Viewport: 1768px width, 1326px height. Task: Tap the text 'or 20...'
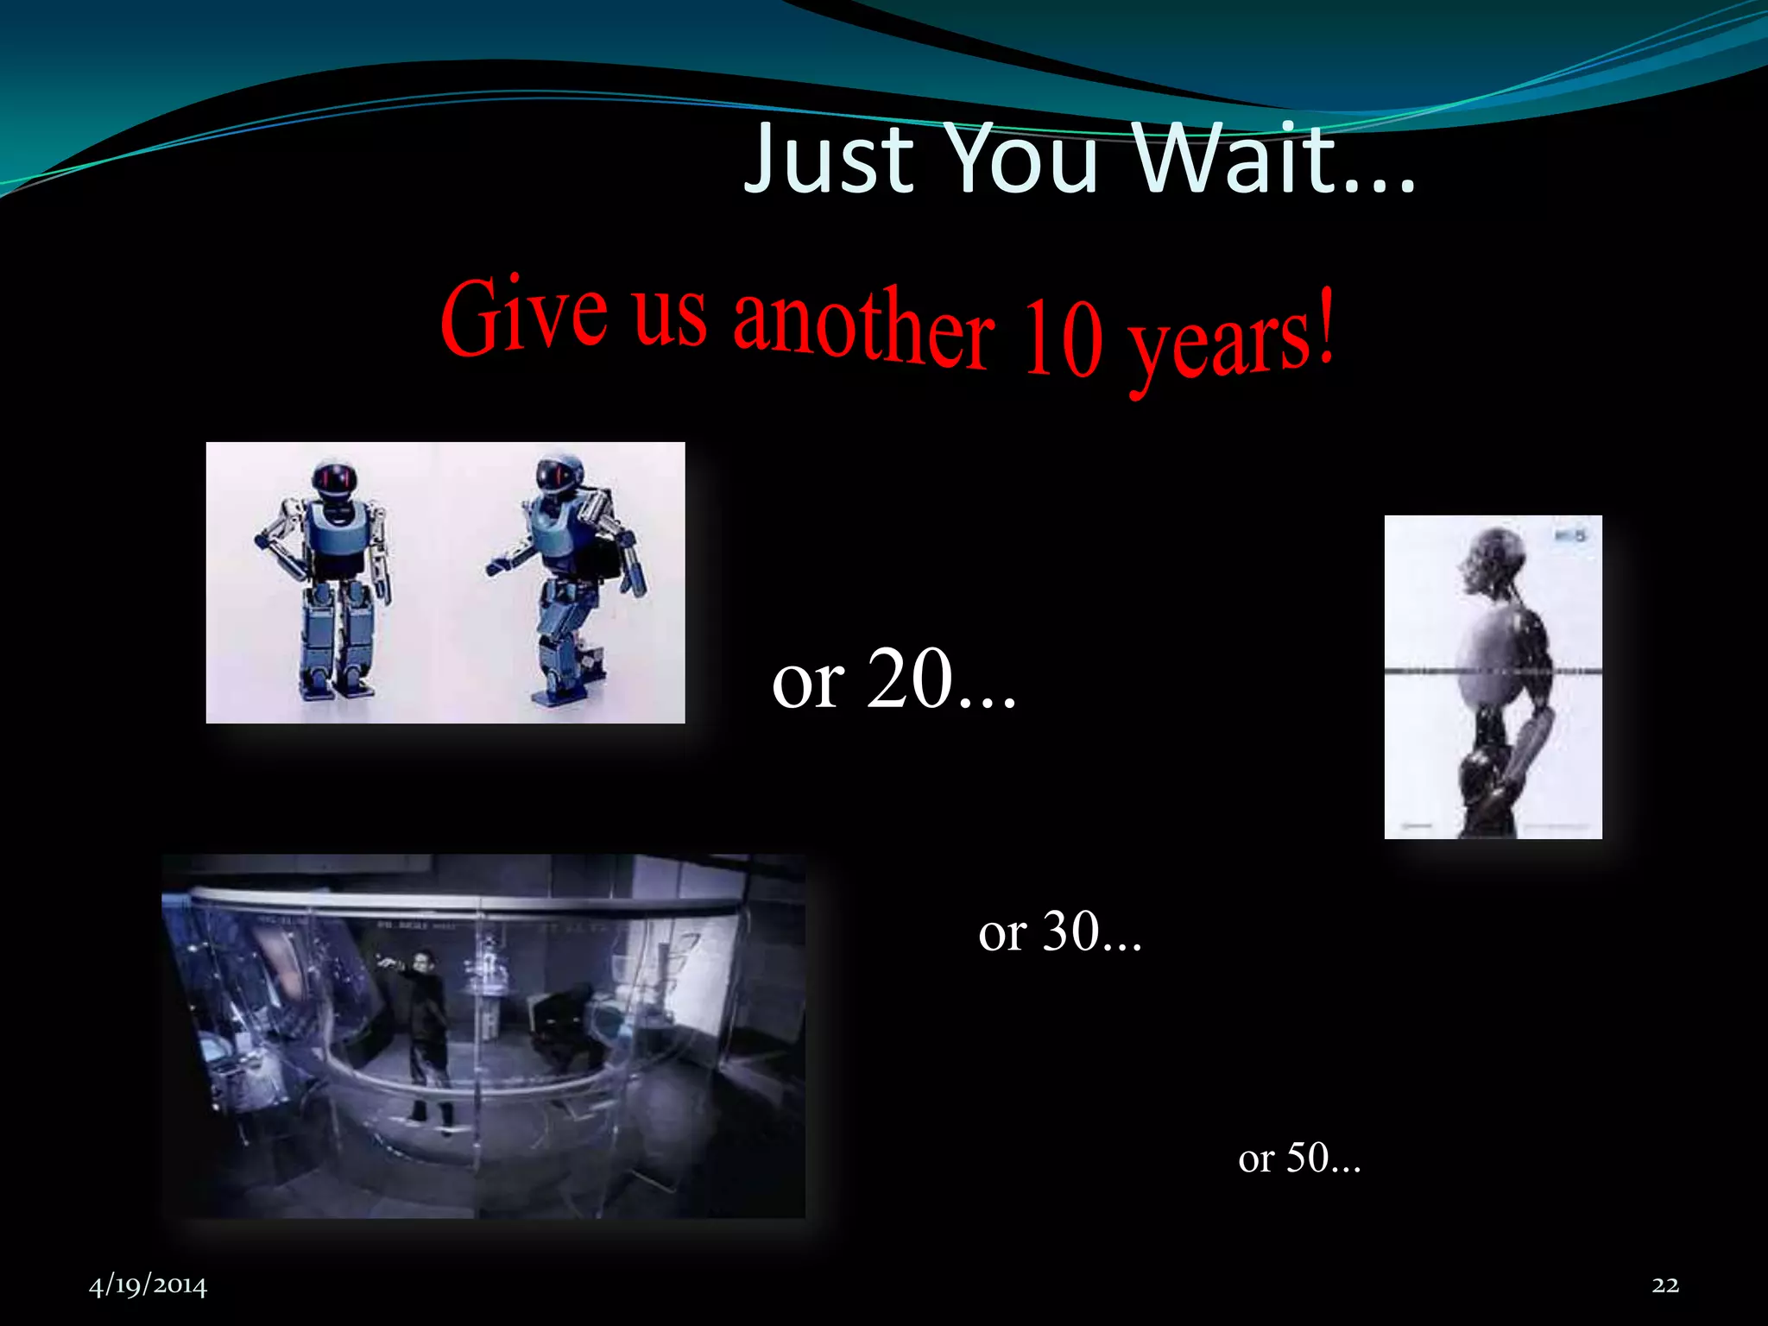[894, 680]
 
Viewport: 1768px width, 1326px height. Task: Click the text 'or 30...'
[1060, 931]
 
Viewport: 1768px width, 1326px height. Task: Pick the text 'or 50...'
[1299, 1158]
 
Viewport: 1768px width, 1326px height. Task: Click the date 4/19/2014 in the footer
[148, 1285]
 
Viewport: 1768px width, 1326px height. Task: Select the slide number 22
[1665, 1285]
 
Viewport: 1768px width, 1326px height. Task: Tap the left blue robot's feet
[337, 686]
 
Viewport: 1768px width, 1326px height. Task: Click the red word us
[670, 316]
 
